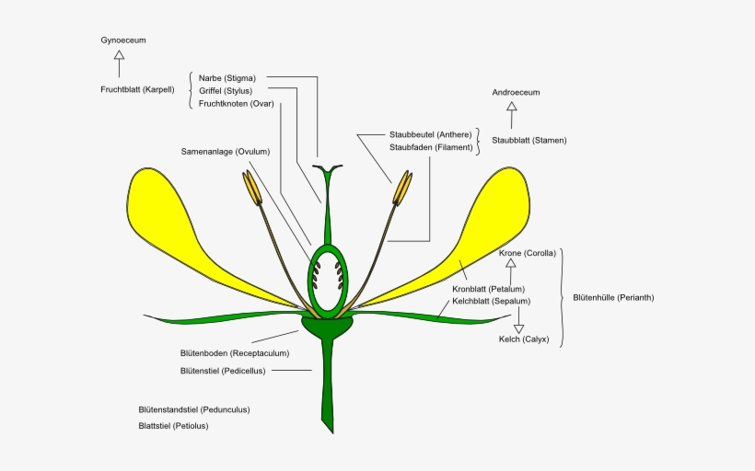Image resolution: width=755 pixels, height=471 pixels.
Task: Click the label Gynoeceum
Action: click(x=123, y=40)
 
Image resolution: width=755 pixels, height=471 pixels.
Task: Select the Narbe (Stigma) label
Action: click(x=227, y=78)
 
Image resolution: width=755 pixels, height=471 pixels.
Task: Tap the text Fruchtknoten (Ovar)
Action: click(x=237, y=104)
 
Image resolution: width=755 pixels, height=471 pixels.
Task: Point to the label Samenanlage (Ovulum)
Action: click(x=226, y=152)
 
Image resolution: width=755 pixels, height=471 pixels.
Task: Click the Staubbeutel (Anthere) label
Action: click(x=431, y=134)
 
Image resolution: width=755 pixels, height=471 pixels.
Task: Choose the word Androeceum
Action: click(x=516, y=92)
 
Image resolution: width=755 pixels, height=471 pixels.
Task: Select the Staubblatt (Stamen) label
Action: click(x=529, y=141)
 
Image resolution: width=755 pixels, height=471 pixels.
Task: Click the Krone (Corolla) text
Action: click(x=528, y=253)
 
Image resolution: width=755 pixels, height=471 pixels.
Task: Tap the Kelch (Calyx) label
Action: click(x=524, y=339)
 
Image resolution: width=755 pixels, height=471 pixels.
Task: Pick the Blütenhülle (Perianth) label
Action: click(x=613, y=298)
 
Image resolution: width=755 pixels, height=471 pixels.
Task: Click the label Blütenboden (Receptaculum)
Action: click(x=235, y=353)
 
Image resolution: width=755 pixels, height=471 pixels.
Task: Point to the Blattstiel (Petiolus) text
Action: click(x=173, y=426)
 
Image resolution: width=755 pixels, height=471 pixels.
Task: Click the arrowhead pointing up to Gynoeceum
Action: click(x=120, y=55)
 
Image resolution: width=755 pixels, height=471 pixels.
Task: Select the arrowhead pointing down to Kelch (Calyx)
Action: click(x=518, y=329)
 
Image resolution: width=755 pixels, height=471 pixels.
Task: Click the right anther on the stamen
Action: click(x=402, y=188)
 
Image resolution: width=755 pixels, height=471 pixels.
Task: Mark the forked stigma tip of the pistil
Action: click(x=328, y=168)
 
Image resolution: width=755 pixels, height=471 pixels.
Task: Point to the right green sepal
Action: click(x=428, y=317)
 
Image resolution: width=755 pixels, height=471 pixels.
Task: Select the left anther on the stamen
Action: click(x=252, y=188)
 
